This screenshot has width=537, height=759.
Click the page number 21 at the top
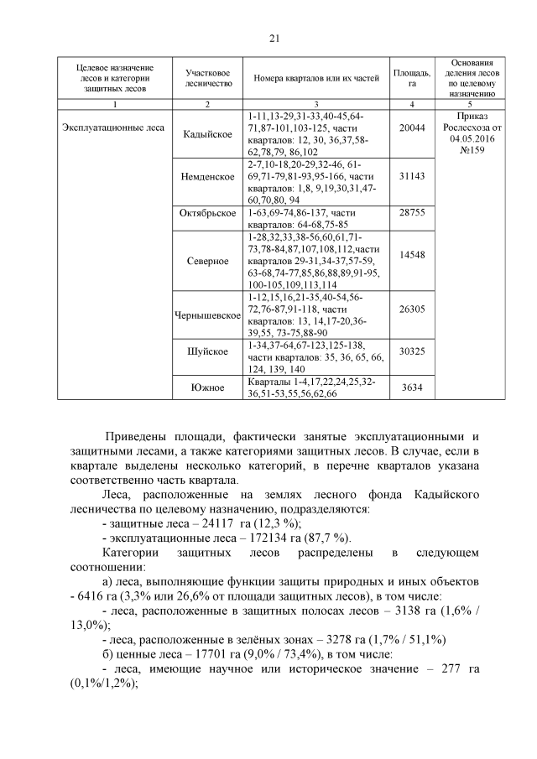coord(274,38)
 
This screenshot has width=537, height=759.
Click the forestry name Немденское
coord(206,178)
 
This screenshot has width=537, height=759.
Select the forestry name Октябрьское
coord(206,213)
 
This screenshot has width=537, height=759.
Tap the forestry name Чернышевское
coord(206,315)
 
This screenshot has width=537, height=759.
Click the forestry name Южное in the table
coord(206,387)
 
